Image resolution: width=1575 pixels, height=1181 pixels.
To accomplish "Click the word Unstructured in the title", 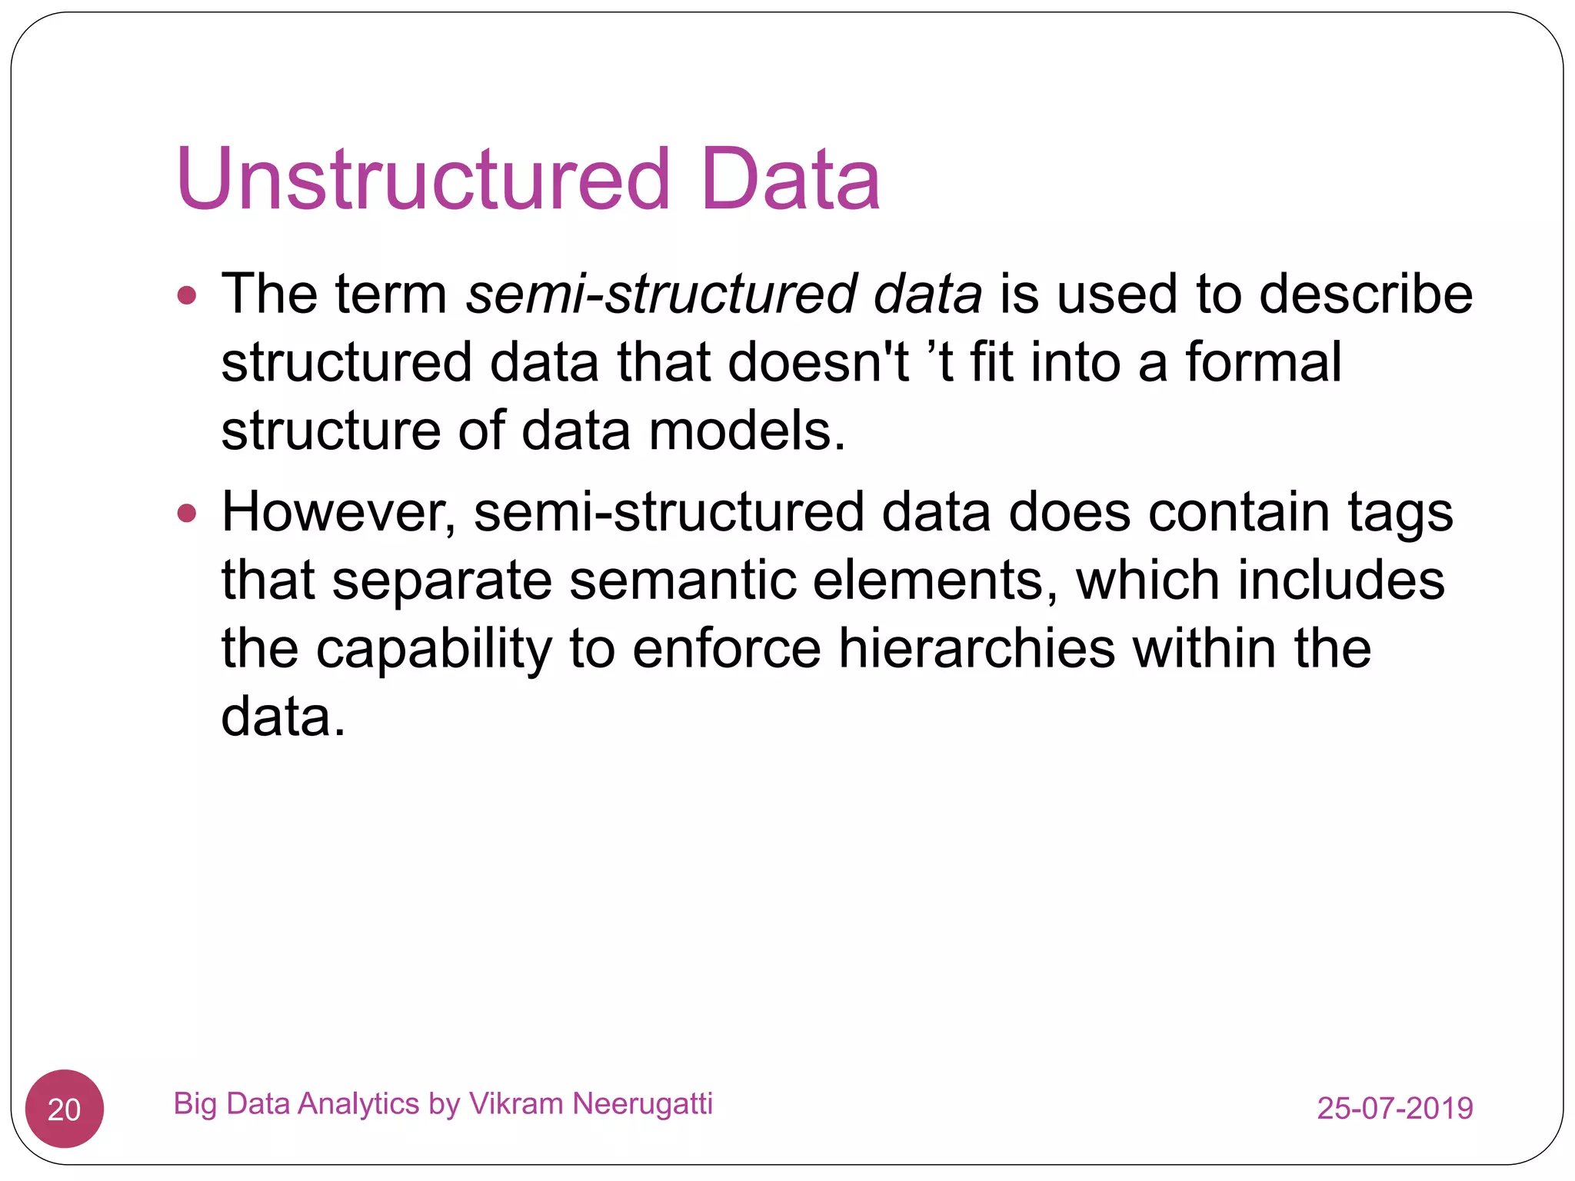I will coord(424,179).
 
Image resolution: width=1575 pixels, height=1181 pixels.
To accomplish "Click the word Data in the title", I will coord(791,179).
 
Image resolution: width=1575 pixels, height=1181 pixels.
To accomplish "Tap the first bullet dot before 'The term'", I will coord(187,295).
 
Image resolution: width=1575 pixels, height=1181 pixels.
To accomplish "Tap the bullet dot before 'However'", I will coord(187,513).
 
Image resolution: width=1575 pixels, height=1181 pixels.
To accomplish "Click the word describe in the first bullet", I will coord(1366,294).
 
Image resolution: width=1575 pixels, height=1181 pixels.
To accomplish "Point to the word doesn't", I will coord(818,361).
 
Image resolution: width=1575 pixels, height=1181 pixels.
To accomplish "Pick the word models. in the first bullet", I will coord(747,430).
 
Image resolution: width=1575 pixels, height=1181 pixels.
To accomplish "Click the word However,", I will coord(338,513).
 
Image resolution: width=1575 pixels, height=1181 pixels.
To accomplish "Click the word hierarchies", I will coord(976,648).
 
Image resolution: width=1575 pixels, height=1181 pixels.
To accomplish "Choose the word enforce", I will coord(727,648).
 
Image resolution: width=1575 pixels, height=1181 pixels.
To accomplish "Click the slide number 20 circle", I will coord(65,1109).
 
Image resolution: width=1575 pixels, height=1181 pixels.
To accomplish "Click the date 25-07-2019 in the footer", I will coord(1395,1108).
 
